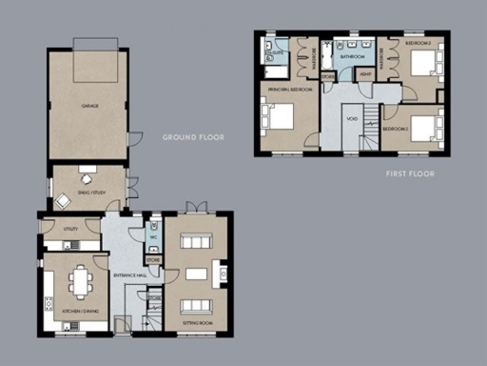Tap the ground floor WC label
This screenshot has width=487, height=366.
pos(153,238)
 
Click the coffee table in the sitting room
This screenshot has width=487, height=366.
pos(196,274)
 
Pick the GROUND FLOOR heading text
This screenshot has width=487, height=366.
pos(193,137)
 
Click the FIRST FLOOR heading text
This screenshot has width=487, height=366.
pos(410,174)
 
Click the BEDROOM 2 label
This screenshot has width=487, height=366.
pos(398,128)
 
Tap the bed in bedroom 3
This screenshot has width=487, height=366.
pos(424,65)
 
